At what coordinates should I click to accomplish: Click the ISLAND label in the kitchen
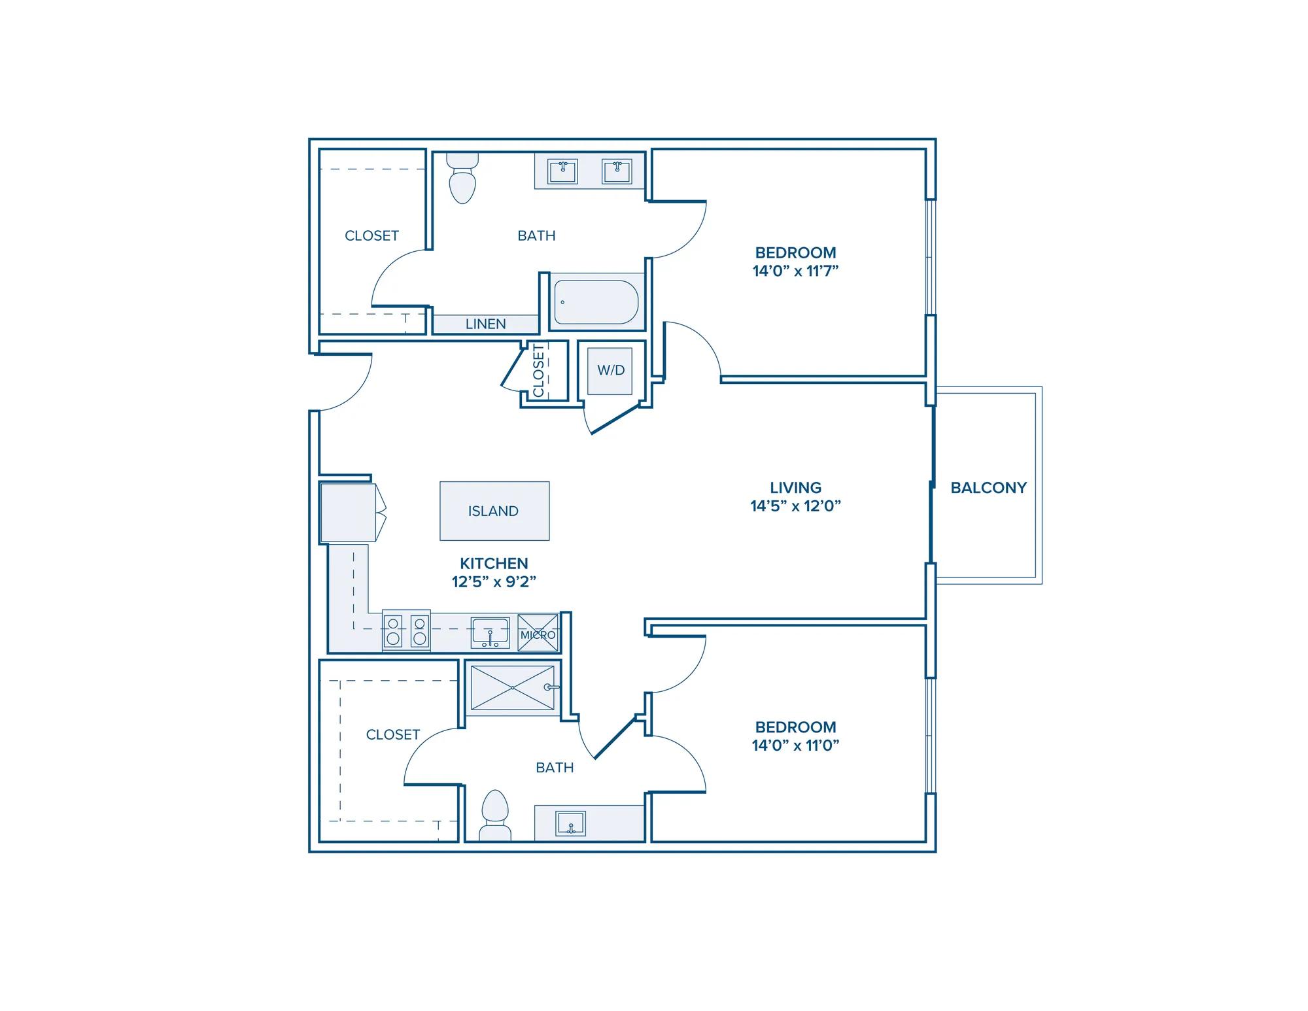coord(493,511)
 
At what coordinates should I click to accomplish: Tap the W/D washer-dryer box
coord(610,371)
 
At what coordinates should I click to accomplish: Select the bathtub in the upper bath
coord(596,302)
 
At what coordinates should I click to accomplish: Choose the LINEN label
coord(485,324)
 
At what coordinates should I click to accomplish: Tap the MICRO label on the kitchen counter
coord(538,634)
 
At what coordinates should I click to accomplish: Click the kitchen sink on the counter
coord(490,632)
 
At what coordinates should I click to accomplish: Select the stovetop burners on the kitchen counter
coord(406,631)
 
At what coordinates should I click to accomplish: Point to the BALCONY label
coord(988,488)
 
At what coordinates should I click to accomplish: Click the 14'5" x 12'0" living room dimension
coord(795,506)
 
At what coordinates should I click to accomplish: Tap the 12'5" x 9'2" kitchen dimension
coord(494,581)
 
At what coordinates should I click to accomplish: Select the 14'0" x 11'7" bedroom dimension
coord(795,271)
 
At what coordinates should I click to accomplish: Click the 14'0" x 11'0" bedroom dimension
coord(795,745)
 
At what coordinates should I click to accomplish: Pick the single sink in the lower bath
coord(570,824)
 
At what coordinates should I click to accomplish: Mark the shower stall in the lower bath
coord(512,688)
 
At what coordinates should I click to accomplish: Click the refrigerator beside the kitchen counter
coord(348,513)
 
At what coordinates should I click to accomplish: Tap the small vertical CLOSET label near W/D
coord(539,371)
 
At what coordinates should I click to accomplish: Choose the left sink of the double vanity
coord(562,171)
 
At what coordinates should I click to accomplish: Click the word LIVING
coord(795,488)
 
